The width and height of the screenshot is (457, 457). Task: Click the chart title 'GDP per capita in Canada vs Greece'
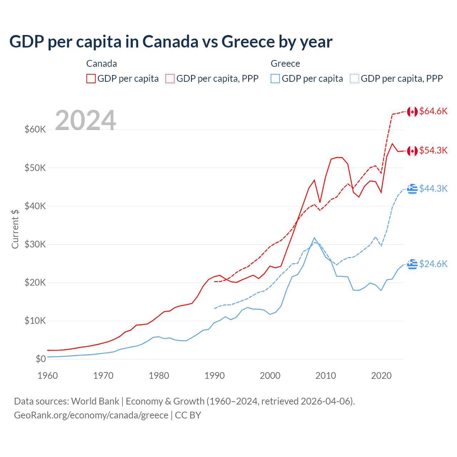tap(171, 42)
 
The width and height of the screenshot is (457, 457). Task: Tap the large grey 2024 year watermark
tap(85, 120)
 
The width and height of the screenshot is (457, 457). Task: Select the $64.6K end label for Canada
tap(433, 111)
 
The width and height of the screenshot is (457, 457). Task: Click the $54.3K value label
tap(433, 150)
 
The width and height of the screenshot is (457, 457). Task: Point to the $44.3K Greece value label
tap(433, 189)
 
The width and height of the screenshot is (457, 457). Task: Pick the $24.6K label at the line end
tap(433, 264)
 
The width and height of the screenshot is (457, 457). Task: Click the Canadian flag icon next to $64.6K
tap(412, 112)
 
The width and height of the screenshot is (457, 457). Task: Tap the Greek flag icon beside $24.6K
tap(412, 264)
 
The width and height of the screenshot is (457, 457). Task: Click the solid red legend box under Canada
tap(91, 79)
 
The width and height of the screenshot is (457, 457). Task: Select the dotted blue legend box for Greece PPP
tap(355, 79)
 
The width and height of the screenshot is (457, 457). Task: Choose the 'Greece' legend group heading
tap(285, 64)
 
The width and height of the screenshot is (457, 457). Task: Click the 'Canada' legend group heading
tap(101, 64)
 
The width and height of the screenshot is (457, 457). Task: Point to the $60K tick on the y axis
tap(35, 129)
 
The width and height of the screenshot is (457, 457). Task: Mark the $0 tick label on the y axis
tap(41, 359)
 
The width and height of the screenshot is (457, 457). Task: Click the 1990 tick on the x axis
tap(215, 376)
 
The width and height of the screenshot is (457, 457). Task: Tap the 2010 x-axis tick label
tap(326, 376)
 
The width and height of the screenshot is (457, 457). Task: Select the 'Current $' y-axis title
tap(15, 228)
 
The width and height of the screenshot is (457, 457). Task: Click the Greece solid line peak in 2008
tap(314, 238)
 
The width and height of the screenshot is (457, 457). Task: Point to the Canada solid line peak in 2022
tap(392, 144)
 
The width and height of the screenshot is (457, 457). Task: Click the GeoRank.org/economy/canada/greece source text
tap(91, 415)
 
